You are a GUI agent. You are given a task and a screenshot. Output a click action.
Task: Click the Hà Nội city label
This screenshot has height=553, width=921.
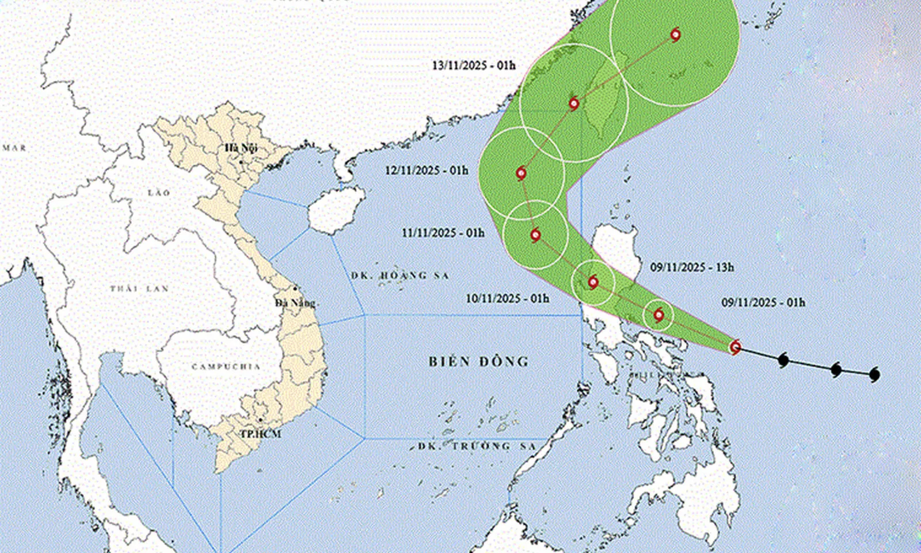241,149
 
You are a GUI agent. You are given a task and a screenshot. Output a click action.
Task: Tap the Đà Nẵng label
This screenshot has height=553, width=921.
295,303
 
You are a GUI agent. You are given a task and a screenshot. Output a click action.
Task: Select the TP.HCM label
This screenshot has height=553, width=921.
260,433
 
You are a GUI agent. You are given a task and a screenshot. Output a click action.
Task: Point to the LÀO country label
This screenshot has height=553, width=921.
159,192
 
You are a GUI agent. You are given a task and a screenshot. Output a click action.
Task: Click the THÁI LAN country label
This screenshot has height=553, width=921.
139,288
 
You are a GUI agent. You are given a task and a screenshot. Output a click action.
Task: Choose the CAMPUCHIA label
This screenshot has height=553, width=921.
226,366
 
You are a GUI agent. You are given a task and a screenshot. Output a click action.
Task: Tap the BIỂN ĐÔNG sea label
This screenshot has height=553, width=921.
478,362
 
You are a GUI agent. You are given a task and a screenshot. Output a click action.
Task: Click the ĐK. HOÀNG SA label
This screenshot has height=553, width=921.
399,276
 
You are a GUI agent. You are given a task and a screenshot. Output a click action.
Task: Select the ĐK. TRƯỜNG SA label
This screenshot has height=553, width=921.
477,446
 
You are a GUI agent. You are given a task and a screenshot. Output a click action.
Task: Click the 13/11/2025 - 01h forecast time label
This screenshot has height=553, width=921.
474,65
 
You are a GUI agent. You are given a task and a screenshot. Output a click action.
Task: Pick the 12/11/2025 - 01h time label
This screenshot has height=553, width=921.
427,171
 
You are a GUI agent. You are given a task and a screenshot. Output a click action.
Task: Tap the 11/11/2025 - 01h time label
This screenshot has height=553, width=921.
443,233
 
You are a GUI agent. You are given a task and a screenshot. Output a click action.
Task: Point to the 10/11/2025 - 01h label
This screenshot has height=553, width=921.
507,298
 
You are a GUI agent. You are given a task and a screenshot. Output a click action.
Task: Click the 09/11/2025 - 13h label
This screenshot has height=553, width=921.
692,267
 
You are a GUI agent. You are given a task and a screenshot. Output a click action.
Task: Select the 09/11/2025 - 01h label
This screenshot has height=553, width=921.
763,302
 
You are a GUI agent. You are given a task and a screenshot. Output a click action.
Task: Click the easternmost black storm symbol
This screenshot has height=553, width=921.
874,375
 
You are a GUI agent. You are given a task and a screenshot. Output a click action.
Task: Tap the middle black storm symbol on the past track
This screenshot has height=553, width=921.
836,369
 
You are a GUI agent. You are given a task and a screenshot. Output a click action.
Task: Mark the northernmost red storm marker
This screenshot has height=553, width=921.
676,35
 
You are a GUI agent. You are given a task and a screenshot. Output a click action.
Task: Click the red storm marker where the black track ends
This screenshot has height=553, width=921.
735,347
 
